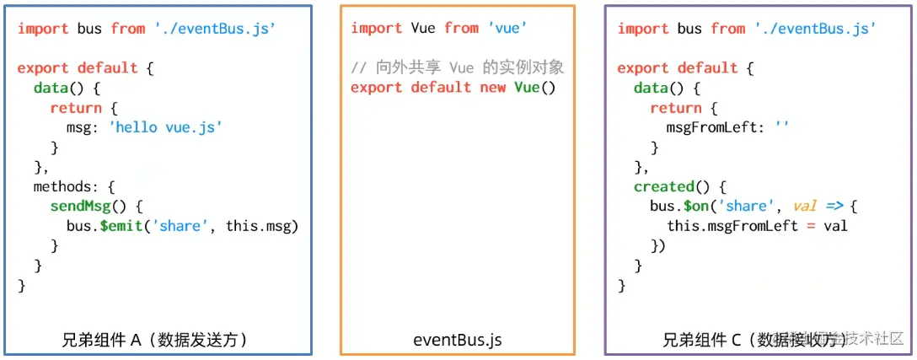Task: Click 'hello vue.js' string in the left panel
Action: (x=165, y=127)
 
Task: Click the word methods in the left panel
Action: (x=65, y=185)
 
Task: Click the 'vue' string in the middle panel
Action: (x=507, y=28)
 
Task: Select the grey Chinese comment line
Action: (x=457, y=67)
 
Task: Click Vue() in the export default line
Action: (x=535, y=87)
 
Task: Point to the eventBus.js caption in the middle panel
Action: (x=458, y=340)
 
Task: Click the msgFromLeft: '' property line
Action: (x=727, y=127)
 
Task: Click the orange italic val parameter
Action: (x=807, y=206)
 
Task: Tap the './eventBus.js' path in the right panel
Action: (x=815, y=28)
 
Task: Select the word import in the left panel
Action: (x=42, y=28)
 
